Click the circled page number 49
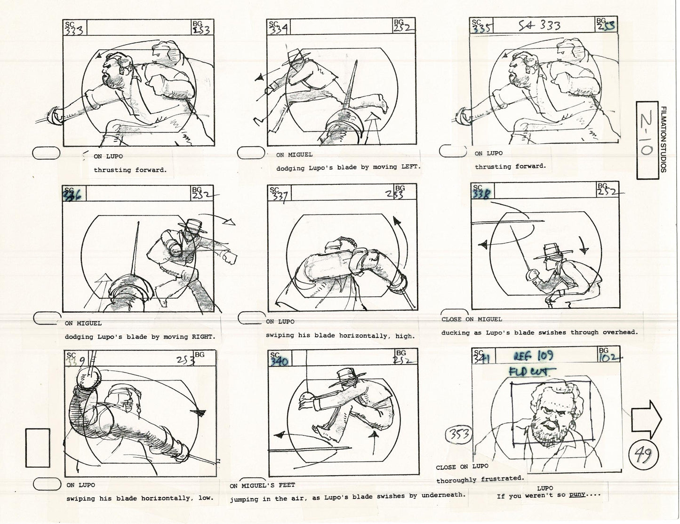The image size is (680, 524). (x=643, y=455)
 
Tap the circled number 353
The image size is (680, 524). (x=458, y=434)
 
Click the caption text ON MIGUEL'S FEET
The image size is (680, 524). (x=263, y=485)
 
